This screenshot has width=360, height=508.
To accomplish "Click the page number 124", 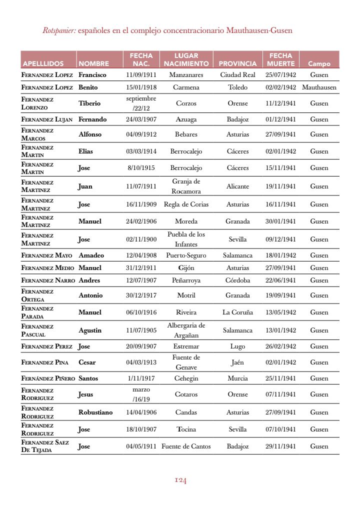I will click(x=180, y=480).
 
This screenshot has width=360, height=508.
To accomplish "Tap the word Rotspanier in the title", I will click(x=59, y=30).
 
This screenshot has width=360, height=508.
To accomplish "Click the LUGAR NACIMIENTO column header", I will click(x=186, y=59).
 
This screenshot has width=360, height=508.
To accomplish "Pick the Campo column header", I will click(x=319, y=63).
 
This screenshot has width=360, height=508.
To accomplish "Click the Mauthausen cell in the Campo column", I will click(x=319, y=87).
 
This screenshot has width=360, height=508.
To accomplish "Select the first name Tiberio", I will click(x=89, y=103).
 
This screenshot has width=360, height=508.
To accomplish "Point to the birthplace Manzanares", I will click(x=186, y=74).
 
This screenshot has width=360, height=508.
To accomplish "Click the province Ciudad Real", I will click(x=237, y=74).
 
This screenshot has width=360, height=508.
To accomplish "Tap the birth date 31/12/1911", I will click(x=141, y=267).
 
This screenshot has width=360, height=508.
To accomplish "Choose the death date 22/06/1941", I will click(x=280, y=280).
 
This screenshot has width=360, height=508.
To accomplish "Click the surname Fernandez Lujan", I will click(x=47, y=119).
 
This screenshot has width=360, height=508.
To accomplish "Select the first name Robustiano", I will click(x=95, y=412).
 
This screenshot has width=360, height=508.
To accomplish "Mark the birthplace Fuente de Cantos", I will click(x=186, y=446).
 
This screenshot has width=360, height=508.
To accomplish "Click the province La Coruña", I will click(x=237, y=312).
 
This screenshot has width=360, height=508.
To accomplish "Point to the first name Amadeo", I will click(x=91, y=255).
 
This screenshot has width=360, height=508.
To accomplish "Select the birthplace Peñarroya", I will click(x=186, y=280).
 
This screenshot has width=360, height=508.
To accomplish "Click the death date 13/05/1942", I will click(x=280, y=312).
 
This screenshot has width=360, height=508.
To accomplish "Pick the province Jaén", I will click(x=237, y=362).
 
